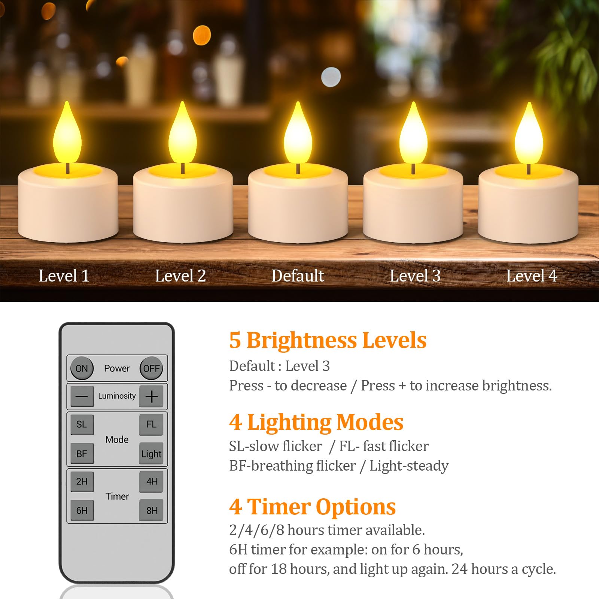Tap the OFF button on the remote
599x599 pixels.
click(x=151, y=368)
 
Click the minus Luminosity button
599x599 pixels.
click(x=82, y=396)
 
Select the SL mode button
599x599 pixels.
click(x=82, y=424)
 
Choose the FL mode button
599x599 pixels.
click(x=151, y=424)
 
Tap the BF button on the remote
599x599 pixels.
click(x=82, y=454)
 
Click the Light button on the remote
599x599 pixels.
click(x=151, y=454)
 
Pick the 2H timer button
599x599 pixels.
click(x=82, y=481)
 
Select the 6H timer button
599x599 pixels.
click(x=82, y=510)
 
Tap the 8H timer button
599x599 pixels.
click(x=152, y=510)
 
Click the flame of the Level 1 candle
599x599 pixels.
click(x=67, y=135)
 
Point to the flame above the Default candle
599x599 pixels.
click(x=298, y=135)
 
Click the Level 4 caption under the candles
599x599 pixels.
click(x=532, y=276)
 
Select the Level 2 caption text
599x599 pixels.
click(x=180, y=276)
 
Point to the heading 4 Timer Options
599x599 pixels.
click(x=312, y=507)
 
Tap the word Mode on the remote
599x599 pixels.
click(x=117, y=440)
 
